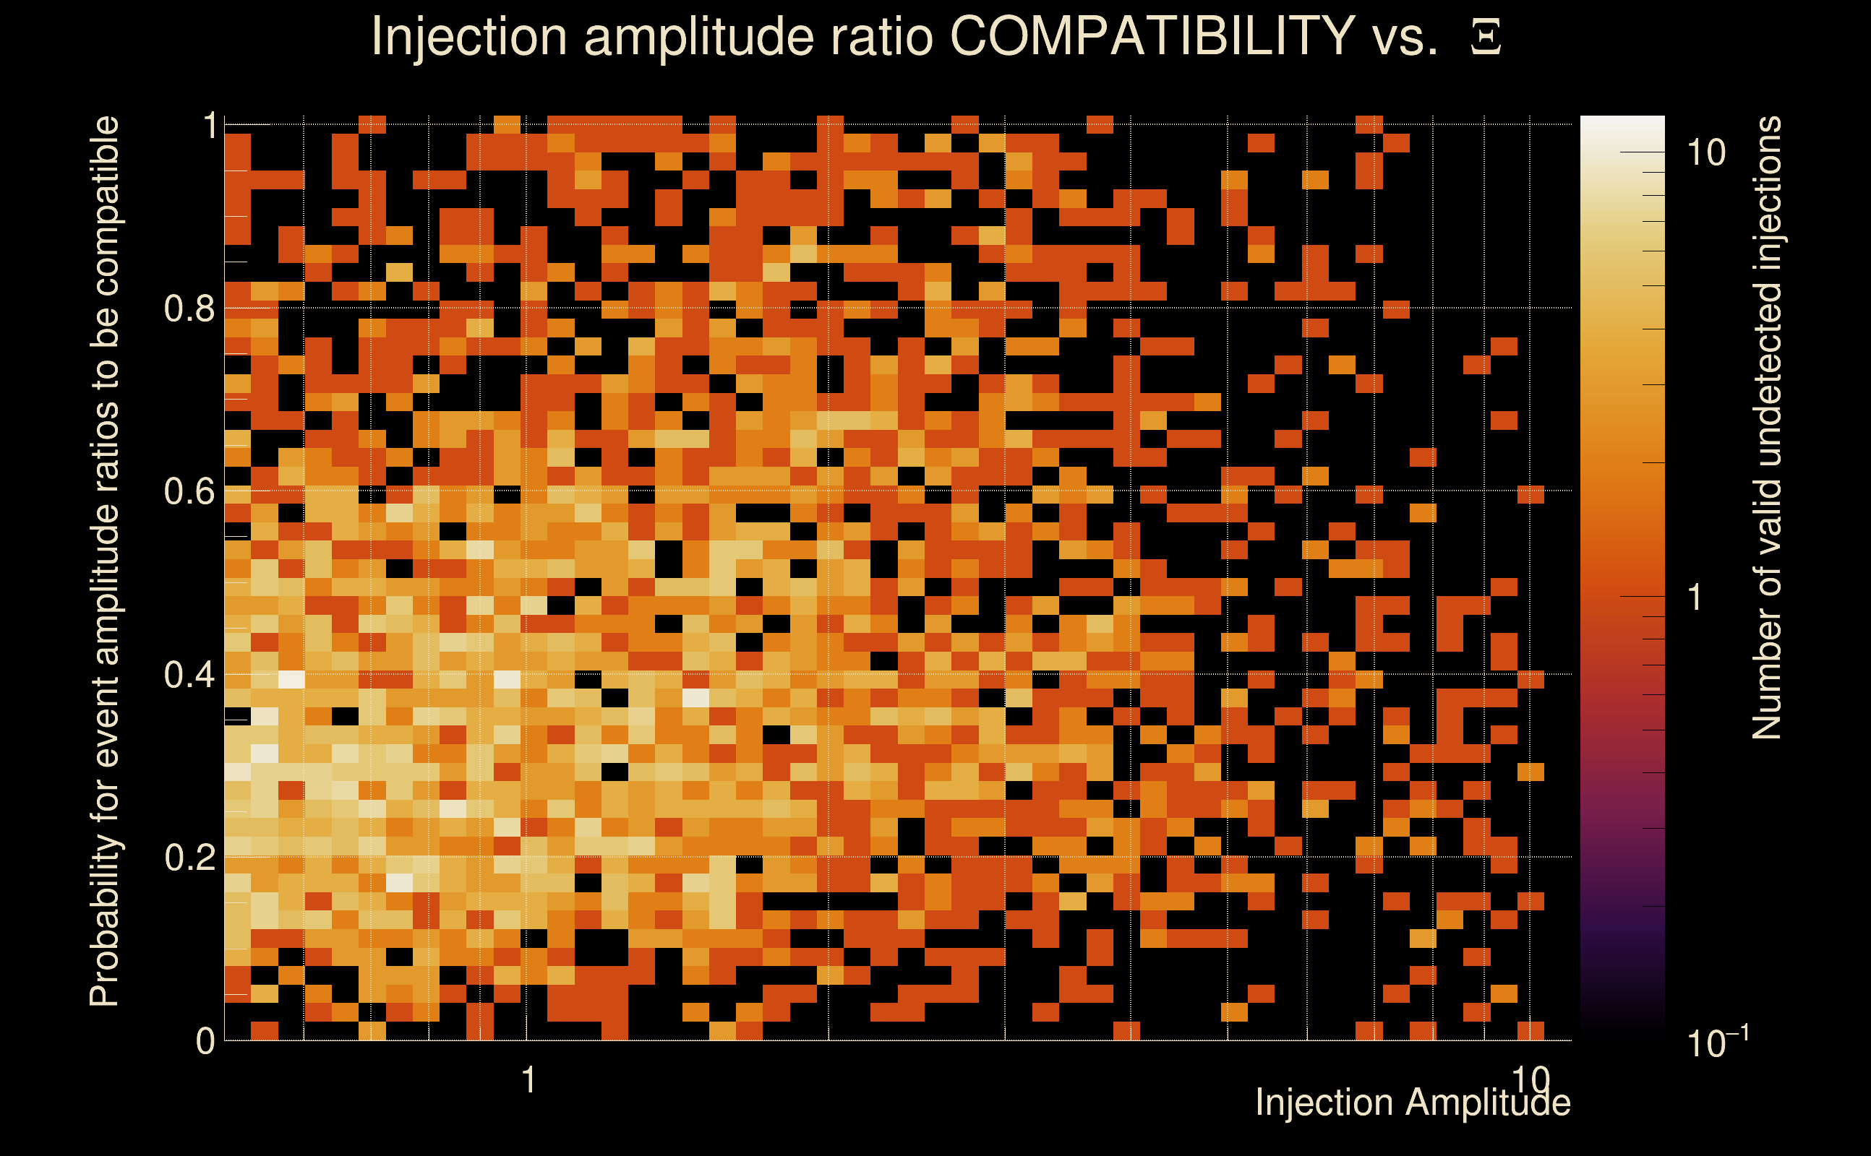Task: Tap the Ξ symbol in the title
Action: pos(1486,37)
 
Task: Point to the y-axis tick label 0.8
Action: pos(189,309)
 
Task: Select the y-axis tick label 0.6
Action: pos(189,491)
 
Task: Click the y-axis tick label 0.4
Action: pos(189,675)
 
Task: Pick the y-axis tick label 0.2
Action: pos(189,858)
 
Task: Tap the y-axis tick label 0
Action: pos(205,1041)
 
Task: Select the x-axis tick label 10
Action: pos(1530,1079)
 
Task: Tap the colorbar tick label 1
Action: pos(1695,597)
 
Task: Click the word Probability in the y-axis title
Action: pos(105,921)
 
